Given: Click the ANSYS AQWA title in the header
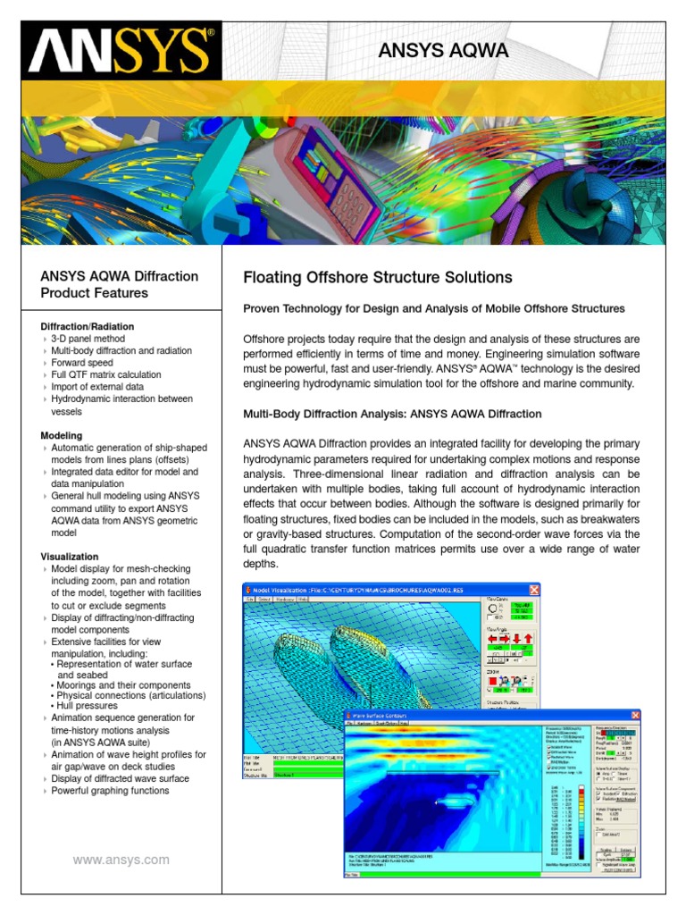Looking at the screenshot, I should [443, 51].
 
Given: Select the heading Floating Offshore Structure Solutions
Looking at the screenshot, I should [378, 277].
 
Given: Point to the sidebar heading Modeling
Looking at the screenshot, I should [62, 435].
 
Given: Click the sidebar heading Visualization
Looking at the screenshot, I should [70, 557].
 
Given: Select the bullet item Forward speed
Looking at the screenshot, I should [88, 363].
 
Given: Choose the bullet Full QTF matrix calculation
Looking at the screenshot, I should [106, 375].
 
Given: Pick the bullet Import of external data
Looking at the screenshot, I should [97, 387].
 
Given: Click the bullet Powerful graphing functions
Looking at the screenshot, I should [110, 791].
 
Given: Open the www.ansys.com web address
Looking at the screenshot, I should [121, 860].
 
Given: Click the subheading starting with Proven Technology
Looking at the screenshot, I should [434, 309].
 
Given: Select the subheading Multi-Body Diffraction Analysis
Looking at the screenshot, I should [392, 414].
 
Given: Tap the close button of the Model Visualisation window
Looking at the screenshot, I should [534, 590].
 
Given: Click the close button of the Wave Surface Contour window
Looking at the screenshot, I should [635, 715].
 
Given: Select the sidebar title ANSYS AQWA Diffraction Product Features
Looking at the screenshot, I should [120, 285].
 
